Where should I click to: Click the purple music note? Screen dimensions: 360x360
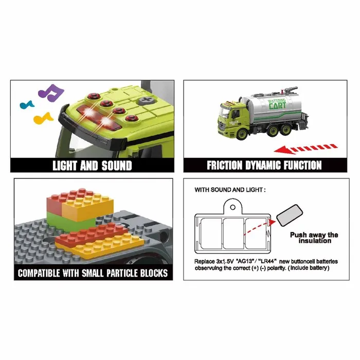[x=51, y=93]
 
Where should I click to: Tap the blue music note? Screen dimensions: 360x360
[x=27, y=105]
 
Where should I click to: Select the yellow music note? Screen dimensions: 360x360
[x=43, y=118]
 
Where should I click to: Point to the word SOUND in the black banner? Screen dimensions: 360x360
[x=117, y=166]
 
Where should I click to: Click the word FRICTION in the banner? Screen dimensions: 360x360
[x=225, y=165]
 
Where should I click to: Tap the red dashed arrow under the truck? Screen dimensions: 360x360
[x=305, y=149]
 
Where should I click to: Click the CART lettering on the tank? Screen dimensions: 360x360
[x=278, y=106]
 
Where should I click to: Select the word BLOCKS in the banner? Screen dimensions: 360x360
[x=154, y=273]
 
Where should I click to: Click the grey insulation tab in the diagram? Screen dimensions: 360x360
[x=290, y=215]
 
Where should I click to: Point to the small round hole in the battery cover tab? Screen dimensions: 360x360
[x=232, y=207]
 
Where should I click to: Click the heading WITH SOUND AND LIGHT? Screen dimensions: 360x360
[x=230, y=190]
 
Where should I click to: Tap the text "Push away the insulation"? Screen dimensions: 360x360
[x=314, y=238]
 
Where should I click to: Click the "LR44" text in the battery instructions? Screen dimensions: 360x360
[x=267, y=261]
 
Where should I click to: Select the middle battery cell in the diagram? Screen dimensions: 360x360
[x=233, y=233]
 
